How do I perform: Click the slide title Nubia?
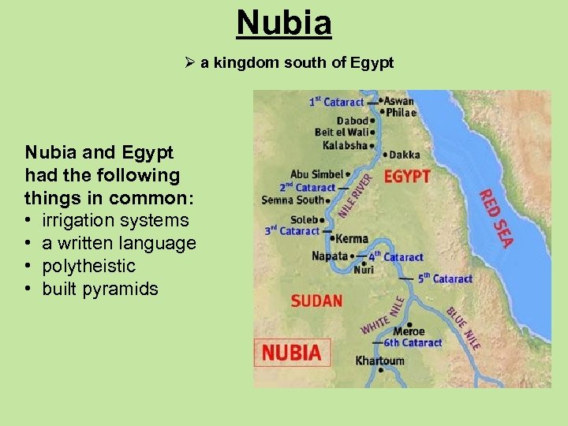tap(284, 23)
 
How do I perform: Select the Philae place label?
tap(402, 113)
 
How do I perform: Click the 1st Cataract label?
tap(336, 102)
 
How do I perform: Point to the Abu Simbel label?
tap(316, 174)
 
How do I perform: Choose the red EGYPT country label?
tap(407, 176)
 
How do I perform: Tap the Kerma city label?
tap(352, 238)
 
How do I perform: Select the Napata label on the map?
tap(330, 256)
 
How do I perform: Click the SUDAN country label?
tap(316, 301)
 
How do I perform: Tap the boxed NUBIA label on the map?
tap(291, 353)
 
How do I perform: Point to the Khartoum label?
tap(379, 361)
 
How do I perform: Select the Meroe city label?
tap(409, 331)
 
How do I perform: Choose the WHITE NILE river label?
tap(383, 315)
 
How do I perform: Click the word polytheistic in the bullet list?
tap(89, 267)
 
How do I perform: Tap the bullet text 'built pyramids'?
tap(100, 290)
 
